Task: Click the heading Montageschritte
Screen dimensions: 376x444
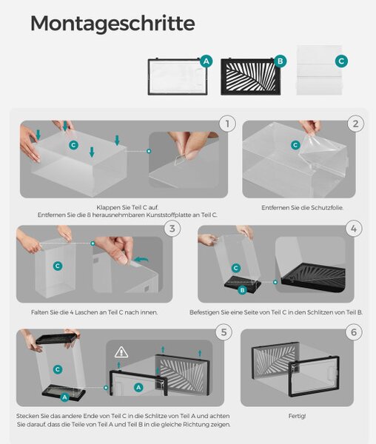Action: (x=113, y=24)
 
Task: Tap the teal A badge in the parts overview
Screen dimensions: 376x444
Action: (x=207, y=61)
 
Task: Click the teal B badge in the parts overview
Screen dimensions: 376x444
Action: (x=281, y=61)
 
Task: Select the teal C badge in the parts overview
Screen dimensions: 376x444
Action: (x=341, y=61)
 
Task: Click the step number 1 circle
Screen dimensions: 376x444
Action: (x=227, y=124)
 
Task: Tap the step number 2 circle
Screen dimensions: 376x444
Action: (x=355, y=124)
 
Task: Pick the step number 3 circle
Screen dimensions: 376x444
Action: (x=172, y=229)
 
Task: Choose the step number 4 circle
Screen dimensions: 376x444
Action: (x=354, y=229)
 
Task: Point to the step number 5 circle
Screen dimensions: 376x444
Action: (x=224, y=332)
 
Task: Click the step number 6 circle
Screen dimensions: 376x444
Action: (x=354, y=332)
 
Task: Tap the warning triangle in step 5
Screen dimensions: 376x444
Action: (x=121, y=352)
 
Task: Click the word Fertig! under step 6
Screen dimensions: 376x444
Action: (x=297, y=416)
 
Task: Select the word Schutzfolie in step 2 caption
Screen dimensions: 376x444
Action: (x=327, y=207)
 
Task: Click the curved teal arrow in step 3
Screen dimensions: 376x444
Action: (x=141, y=260)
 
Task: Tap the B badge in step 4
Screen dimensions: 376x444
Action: (x=242, y=290)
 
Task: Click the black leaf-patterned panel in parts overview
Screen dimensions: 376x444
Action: (x=251, y=77)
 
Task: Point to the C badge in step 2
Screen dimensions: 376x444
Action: (x=295, y=145)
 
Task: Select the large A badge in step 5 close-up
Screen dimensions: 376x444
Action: (x=138, y=387)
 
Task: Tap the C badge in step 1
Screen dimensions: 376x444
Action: (x=73, y=145)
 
